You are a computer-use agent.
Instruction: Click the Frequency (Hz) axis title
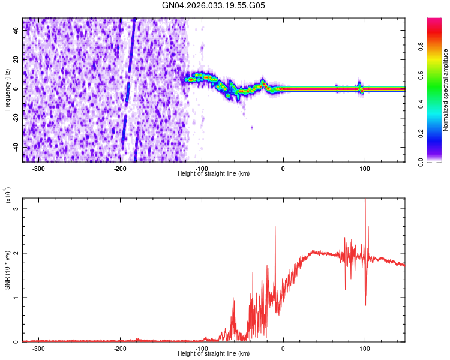point(7,90)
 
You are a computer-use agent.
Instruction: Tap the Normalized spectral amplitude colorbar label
point(446,90)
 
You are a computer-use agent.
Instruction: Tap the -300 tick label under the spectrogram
point(38,168)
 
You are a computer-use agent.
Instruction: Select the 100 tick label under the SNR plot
point(365,348)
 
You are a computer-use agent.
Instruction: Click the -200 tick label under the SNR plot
point(120,348)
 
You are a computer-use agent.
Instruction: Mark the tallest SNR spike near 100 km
point(365,200)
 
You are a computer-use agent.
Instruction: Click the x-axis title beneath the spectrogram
point(214,173)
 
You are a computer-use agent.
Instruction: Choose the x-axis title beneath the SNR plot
point(214,353)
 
